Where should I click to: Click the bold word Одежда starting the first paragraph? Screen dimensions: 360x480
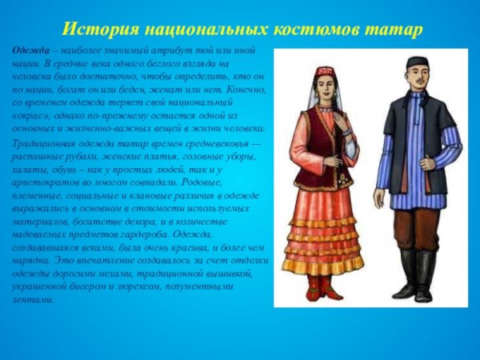coord(29,50)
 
